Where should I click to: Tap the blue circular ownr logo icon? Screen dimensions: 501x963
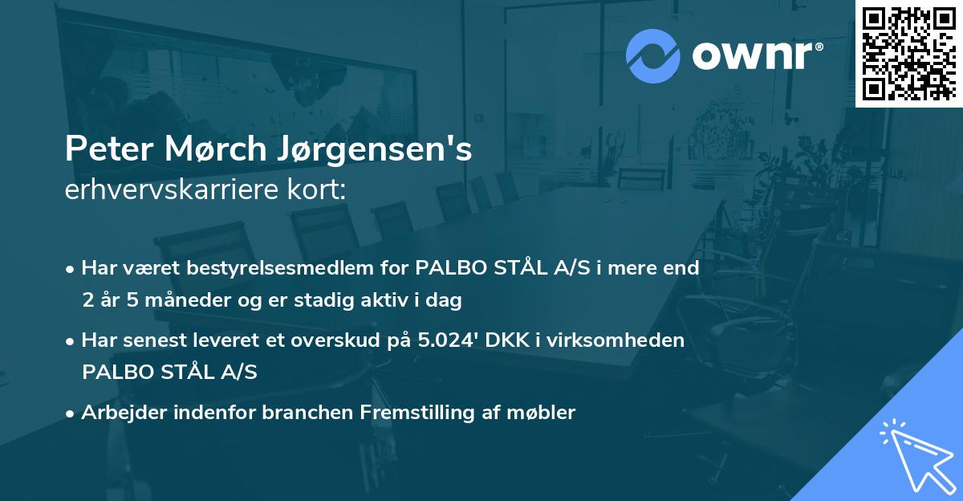tap(653, 56)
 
